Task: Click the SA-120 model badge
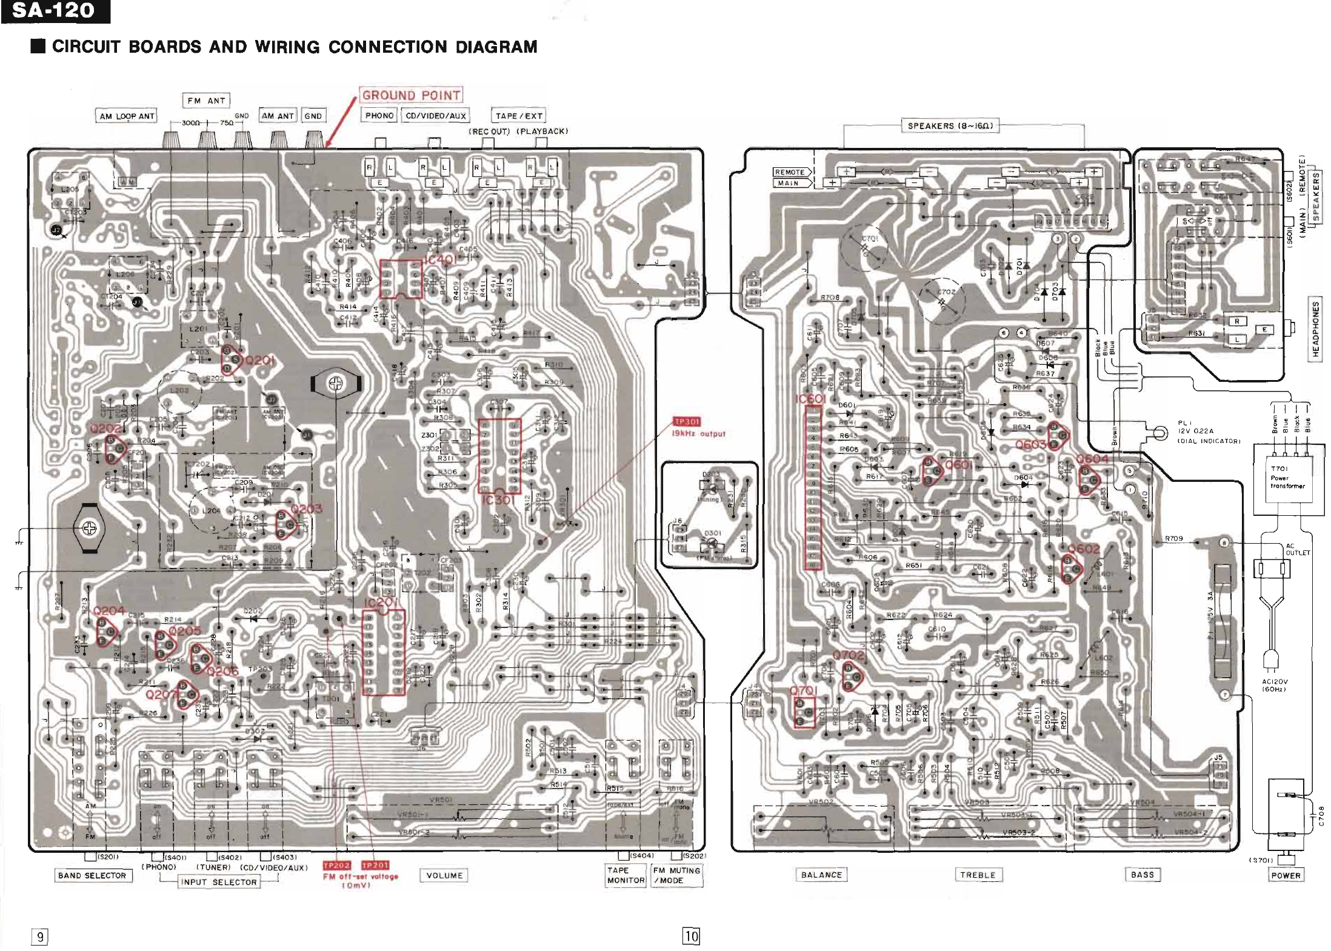[x=55, y=12]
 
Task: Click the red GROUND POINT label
[x=411, y=95]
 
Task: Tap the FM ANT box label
[x=206, y=101]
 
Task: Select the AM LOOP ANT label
[x=127, y=116]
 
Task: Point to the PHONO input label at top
[x=379, y=115]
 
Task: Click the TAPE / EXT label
[x=519, y=116]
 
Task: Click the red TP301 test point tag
[x=687, y=422]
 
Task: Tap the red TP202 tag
[x=336, y=866]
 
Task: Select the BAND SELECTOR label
[x=92, y=875]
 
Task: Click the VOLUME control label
[x=444, y=875]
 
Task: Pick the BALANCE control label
[x=821, y=875]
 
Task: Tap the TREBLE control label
[x=978, y=875]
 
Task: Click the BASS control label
[x=1143, y=874]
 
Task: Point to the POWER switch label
[x=1286, y=875]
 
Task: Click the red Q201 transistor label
[x=259, y=361]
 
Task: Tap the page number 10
[x=691, y=936]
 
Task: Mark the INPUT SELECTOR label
[x=218, y=882]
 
